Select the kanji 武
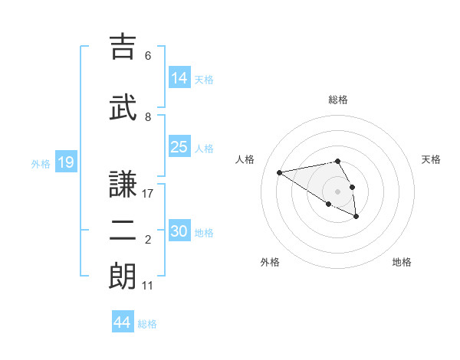click(123, 107)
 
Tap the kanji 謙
click(123, 185)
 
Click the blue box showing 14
click(179, 77)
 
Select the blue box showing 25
click(179, 147)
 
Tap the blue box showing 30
click(179, 231)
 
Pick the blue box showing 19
click(65, 162)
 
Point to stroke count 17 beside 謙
click(148, 194)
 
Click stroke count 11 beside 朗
click(148, 286)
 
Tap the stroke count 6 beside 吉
click(148, 56)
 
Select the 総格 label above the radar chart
click(338, 100)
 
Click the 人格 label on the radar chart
click(245, 159)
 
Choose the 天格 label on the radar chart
click(431, 159)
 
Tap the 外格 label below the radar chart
click(270, 262)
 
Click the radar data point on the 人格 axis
click(280, 172)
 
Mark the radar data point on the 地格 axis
click(356, 217)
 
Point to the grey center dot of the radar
click(338, 191)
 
